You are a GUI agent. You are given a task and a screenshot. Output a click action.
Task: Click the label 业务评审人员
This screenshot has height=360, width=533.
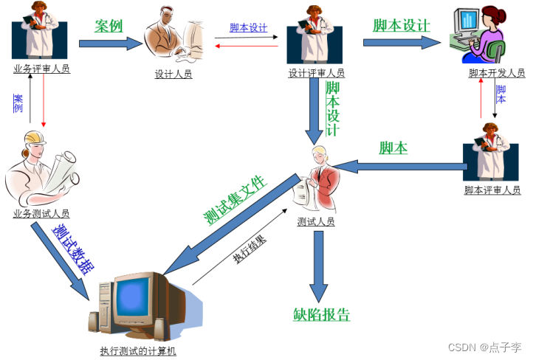(41, 69)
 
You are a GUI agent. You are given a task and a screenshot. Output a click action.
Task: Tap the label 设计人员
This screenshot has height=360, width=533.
(173, 74)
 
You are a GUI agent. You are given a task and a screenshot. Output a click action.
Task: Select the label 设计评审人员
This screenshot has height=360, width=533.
(317, 74)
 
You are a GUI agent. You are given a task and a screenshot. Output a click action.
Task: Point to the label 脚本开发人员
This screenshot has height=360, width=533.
(497, 73)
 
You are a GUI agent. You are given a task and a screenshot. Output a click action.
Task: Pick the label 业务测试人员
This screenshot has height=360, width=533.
(41, 214)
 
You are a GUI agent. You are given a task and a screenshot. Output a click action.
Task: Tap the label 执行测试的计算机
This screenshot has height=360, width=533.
(139, 351)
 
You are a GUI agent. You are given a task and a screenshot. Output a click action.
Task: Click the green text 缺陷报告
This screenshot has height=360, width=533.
(321, 315)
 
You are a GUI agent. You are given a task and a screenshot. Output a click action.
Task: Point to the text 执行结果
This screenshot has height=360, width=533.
(250, 250)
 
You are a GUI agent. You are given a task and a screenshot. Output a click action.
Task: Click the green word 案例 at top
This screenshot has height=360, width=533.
(109, 27)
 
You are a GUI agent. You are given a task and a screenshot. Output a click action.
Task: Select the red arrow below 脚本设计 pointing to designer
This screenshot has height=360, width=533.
(247, 45)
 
